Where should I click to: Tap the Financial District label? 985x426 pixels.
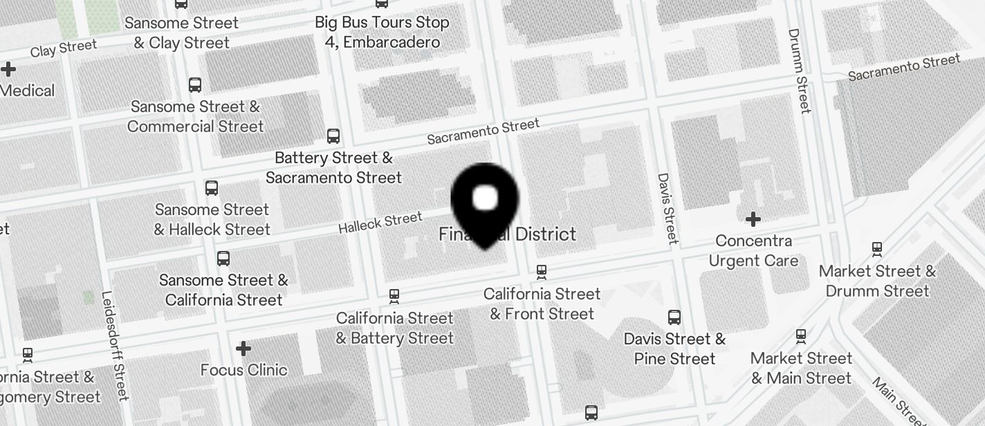click(507, 234)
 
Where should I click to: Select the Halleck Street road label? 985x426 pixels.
click(380, 223)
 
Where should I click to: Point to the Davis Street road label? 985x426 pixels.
click(667, 208)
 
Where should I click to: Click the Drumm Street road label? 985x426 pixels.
click(799, 71)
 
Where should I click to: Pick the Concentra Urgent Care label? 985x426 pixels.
click(753, 251)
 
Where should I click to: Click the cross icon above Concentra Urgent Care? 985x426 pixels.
click(753, 220)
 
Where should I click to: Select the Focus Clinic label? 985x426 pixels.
click(243, 370)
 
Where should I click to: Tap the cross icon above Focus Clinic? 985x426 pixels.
click(243, 349)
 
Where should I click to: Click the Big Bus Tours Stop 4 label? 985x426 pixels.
click(382, 32)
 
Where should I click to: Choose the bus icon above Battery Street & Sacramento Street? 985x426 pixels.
click(333, 136)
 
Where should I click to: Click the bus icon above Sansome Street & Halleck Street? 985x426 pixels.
click(212, 188)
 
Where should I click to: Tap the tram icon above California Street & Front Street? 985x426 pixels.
click(542, 272)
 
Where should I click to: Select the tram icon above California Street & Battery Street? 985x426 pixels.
click(394, 296)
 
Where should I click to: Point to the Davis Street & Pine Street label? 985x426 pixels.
click(674, 349)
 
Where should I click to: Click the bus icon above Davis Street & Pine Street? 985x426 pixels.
click(674, 317)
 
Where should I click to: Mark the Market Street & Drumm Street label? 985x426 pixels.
click(877, 281)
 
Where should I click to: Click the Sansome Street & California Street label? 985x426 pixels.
click(223, 290)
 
